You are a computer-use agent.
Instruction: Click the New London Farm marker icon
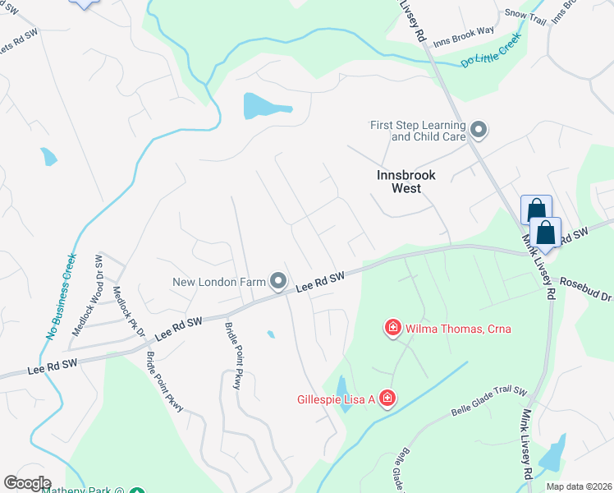[x=278, y=282]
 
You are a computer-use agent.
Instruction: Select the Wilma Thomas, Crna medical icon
[x=392, y=329]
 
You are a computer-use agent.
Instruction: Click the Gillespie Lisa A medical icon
[x=386, y=399]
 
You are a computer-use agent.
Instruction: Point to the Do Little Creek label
[x=491, y=52]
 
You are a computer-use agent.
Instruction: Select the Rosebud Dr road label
[x=585, y=288]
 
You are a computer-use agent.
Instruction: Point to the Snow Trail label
[x=526, y=13]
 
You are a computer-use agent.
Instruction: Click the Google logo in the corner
[x=27, y=483]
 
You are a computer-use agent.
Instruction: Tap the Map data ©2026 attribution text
[x=579, y=486]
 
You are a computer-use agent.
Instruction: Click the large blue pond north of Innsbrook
[x=265, y=106]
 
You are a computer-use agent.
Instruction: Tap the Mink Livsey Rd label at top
[x=412, y=21]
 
